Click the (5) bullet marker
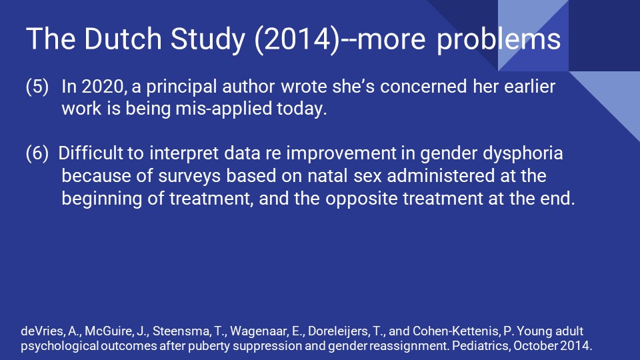point(37,88)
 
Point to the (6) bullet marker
point(37,154)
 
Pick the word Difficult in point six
point(90,154)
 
